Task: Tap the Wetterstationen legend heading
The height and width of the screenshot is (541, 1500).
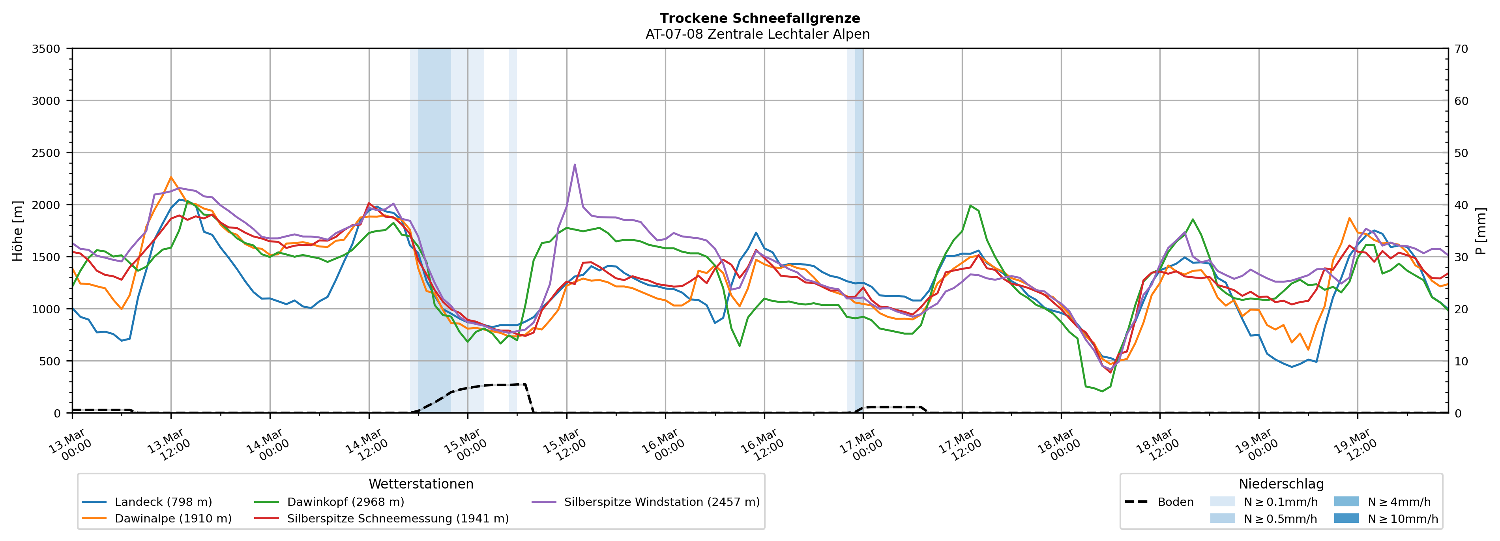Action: pyautogui.click(x=421, y=484)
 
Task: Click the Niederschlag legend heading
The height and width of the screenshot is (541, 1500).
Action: pyautogui.click(x=1281, y=484)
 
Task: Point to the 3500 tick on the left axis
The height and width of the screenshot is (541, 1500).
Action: pyautogui.click(x=46, y=49)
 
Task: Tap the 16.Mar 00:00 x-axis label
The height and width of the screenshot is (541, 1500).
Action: pyautogui.click(x=663, y=446)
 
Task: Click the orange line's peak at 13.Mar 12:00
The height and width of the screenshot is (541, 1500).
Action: pyautogui.click(x=170, y=177)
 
